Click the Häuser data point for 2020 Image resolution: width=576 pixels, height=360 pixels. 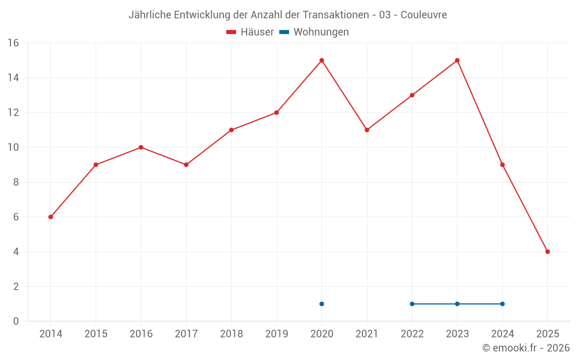321,60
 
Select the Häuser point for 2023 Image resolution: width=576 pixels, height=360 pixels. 457,60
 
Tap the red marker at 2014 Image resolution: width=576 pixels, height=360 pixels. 51,217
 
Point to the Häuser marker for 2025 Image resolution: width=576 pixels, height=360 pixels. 548,252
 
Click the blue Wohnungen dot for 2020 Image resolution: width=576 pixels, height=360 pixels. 321,304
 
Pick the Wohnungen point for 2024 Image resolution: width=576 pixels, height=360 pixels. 502,304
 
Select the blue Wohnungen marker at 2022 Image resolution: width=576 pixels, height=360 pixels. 412,304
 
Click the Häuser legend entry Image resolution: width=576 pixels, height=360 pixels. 251,32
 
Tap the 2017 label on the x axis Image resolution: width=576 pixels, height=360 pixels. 186,334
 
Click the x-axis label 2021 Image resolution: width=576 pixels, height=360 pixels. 367,334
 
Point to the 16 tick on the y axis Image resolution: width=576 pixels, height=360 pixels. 13,43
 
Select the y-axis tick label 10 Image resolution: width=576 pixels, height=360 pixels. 13,147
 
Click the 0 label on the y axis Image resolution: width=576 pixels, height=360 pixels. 16,321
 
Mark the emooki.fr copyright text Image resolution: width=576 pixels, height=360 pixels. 526,348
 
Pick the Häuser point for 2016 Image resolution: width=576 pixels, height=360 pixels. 141,147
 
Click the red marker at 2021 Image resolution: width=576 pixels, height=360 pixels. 367,130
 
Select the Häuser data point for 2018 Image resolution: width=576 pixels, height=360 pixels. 232,130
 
